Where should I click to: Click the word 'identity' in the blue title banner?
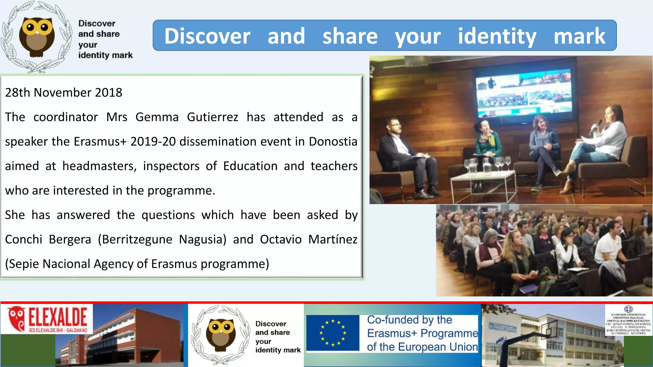(497, 36)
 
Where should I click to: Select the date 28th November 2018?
(63, 93)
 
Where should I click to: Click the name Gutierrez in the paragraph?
(212, 117)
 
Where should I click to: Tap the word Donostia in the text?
(333, 142)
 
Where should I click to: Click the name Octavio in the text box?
(281, 240)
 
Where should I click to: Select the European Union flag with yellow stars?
(333, 333)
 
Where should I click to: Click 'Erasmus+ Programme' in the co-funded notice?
(422, 334)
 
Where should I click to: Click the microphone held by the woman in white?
(595, 126)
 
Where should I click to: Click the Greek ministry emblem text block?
(628, 320)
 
